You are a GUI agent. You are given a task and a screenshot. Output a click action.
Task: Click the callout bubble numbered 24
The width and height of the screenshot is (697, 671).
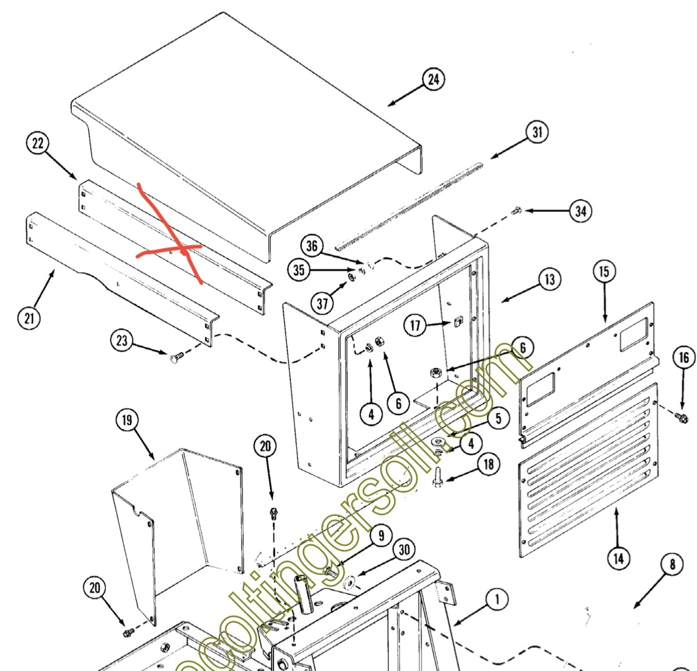pyautogui.click(x=433, y=79)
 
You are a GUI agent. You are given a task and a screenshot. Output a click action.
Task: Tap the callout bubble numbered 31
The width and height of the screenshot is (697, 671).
pyautogui.click(x=537, y=132)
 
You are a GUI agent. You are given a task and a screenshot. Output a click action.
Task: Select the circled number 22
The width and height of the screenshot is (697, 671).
pyautogui.click(x=38, y=144)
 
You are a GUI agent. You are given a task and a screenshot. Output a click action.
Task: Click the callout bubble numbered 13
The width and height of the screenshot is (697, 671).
pyautogui.click(x=549, y=280)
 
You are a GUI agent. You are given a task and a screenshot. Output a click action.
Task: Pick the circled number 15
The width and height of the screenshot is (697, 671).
pyautogui.click(x=604, y=272)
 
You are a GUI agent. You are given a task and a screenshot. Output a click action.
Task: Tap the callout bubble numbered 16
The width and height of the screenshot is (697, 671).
pyautogui.click(x=684, y=358)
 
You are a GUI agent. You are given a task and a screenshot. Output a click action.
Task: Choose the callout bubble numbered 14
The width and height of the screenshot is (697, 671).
pyautogui.click(x=619, y=558)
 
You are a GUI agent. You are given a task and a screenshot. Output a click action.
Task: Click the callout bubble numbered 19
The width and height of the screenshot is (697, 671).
pyautogui.click(x=127, y=420)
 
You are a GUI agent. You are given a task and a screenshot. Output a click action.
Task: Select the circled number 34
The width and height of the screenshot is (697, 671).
pyautogui.click(x=581, y=211)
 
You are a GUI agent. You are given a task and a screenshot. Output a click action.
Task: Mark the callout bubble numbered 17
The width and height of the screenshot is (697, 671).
pyautogui.click(x=415, y=325)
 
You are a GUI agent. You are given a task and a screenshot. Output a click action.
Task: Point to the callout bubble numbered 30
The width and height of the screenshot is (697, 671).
pyautogui.click(x=404, y=550)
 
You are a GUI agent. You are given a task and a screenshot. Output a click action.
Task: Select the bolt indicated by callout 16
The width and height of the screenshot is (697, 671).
pyautogui.click(x=681, y=417)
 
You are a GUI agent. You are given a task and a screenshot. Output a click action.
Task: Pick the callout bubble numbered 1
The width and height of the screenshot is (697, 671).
pyautogui.click(x=496, y=600)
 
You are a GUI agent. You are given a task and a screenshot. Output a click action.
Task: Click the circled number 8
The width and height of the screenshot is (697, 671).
pyautogui.click(x=672, y=564)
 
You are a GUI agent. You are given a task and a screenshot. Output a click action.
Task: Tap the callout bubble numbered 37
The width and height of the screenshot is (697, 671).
pyautogui.click(x=322, y=303)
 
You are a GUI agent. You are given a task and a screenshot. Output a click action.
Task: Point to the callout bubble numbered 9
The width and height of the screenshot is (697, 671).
pyautogui.click(x=381, y=535)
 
